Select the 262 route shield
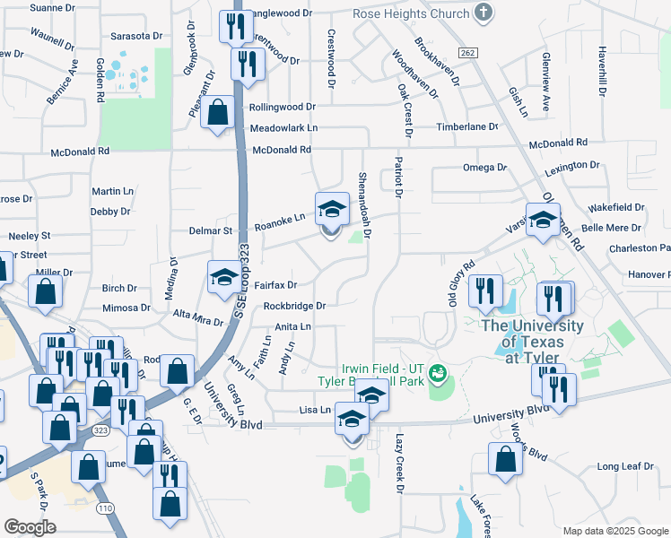point(466,53)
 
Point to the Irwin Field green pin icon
point(439,372)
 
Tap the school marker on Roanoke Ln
point(332,210)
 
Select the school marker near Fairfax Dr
point(224,277)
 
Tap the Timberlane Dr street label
point(466,127)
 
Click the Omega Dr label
point(484,168)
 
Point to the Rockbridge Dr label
point(293,305)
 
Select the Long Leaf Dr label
point(620,466)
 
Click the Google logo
point(30,527)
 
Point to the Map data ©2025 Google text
point(614,531)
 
